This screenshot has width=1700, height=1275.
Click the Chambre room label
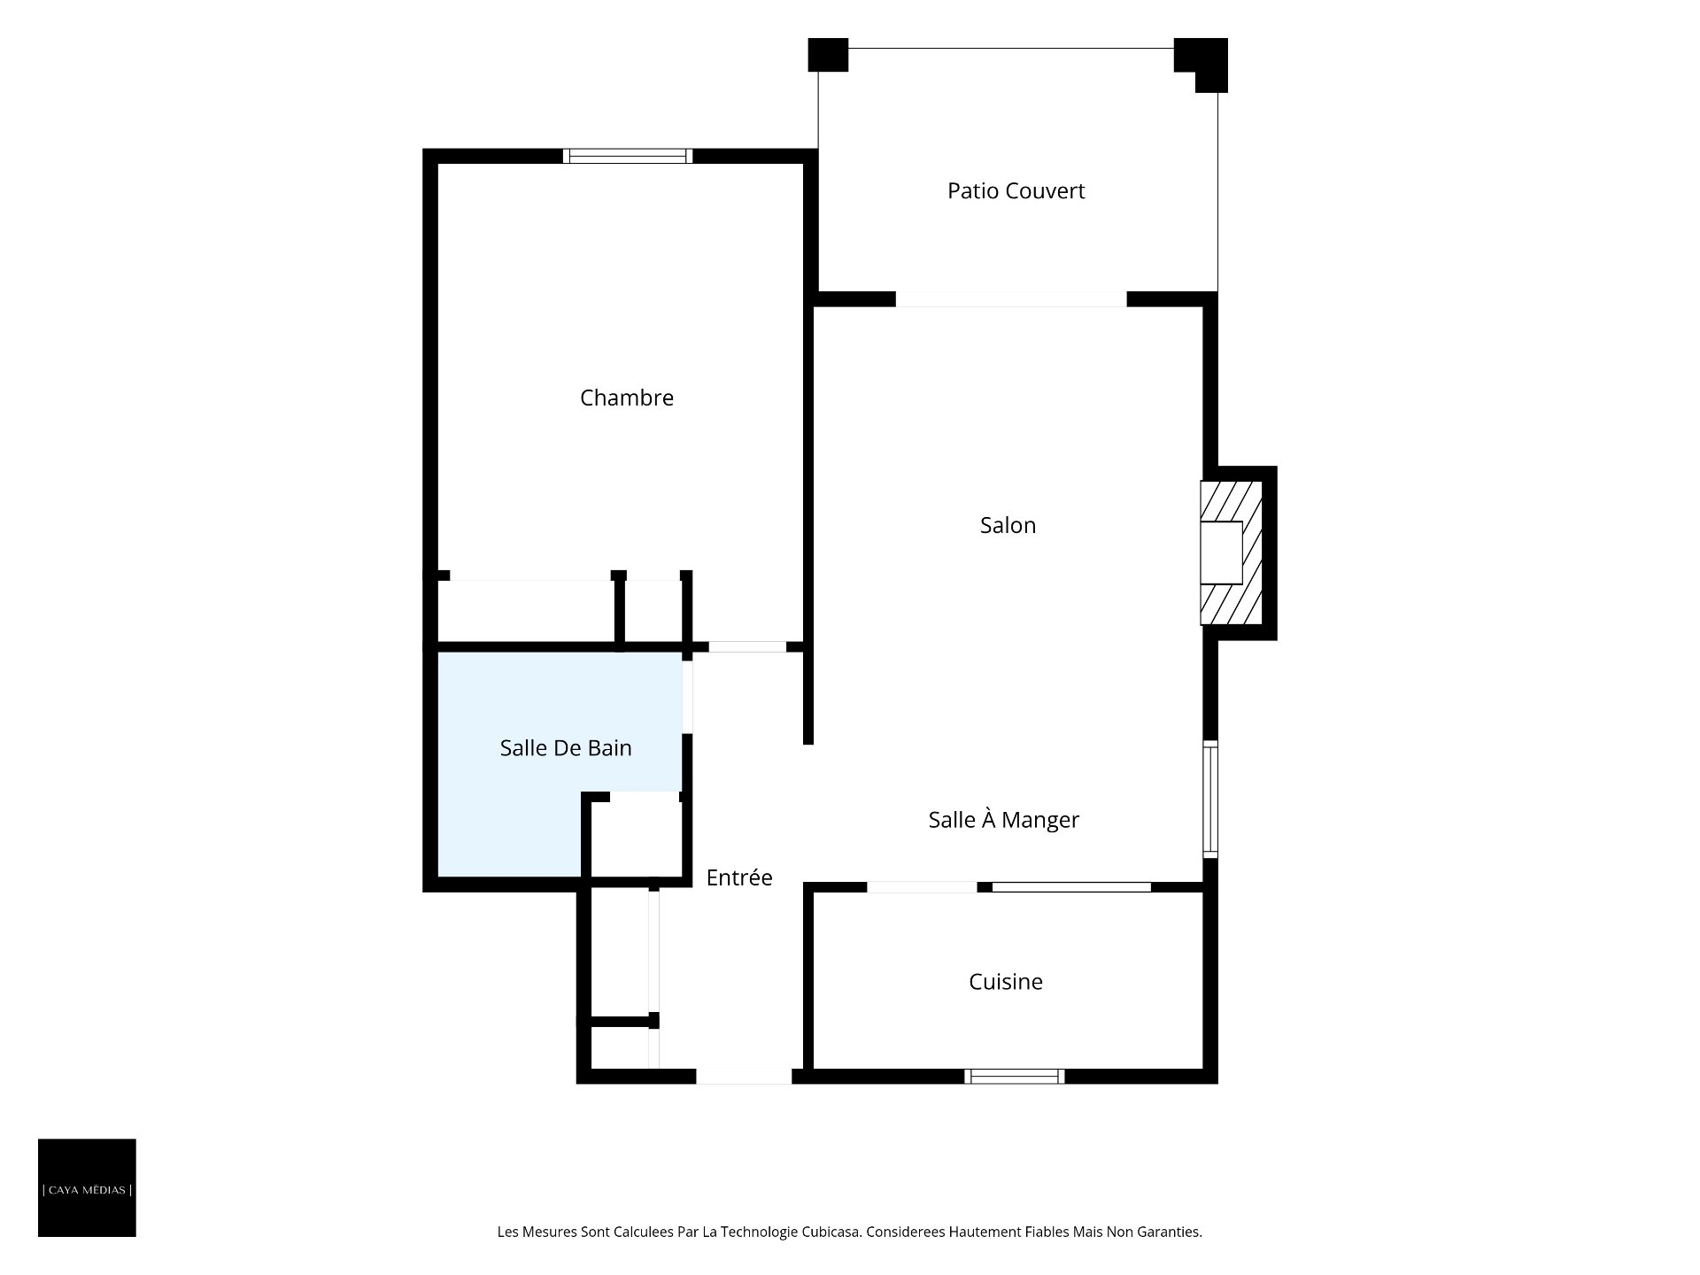click(627, 398)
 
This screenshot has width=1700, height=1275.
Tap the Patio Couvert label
click(1016, 191)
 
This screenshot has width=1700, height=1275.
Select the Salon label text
click(1008, 525)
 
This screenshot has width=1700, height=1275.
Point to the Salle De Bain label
click(566, 748)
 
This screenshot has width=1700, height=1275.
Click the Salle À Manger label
click(1004, 820)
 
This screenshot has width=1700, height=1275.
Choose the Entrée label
click(739, 877)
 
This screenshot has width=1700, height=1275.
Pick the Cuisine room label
click(1006, 982)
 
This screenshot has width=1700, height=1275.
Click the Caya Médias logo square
click(87, 1187)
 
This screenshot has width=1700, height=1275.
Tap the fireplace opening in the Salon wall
click(1221, 552)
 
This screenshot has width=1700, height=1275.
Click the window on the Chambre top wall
click(628, 156)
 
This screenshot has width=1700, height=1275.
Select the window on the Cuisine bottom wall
click(1015, 1077)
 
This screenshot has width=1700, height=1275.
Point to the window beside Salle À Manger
click(1210, 800)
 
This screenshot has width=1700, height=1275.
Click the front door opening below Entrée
click(744, 1077)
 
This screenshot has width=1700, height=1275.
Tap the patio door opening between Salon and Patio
click(1011, 299)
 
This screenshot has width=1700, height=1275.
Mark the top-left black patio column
click(828, 55)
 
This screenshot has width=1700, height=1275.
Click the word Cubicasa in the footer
click(831, 1232)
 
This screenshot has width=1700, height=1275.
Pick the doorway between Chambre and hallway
click(747, 647)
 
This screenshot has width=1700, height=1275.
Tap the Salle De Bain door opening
click(687, 697)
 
